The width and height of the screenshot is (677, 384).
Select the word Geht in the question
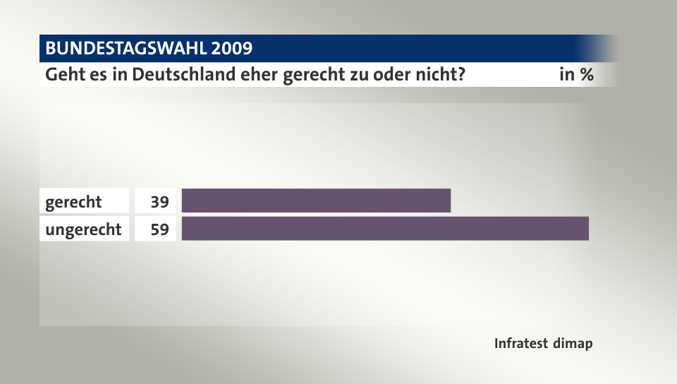[x=61, y=74]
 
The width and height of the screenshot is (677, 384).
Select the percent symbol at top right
[x=586, y=74]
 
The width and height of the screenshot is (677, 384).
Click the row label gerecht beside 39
[x=73, y=202]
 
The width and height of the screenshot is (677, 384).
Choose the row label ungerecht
[x=83, y=229]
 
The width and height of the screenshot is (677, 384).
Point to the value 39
[x=159, y=202]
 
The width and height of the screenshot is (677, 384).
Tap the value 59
[x=159, y=229]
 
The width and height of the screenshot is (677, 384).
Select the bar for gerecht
[x=316, y=200]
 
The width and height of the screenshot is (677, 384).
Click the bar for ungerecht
[x=385, y=229]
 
